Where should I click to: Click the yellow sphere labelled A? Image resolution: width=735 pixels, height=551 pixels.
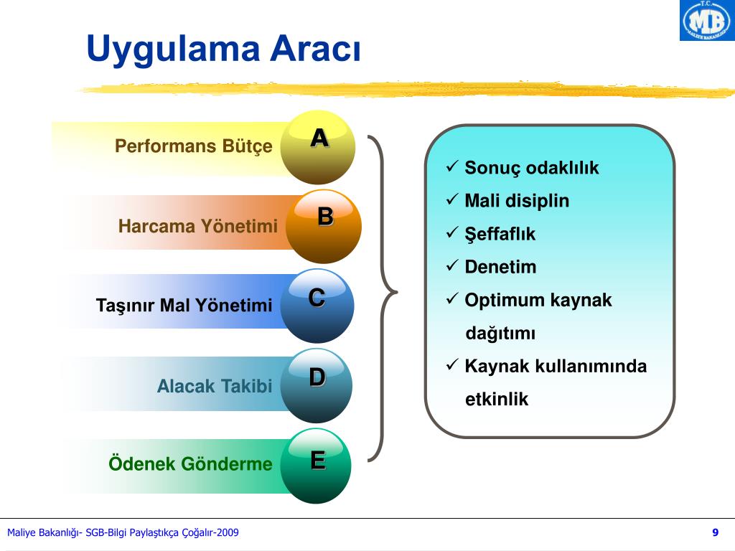[x=318, y=147]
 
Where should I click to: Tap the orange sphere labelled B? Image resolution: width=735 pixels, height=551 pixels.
[x=324, y=226]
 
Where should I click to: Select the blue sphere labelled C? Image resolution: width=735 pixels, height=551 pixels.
[x=317, y=305]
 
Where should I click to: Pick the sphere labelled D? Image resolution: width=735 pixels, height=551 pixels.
[x=317, y=385]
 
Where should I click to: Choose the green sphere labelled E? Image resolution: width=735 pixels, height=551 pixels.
[x=317, y=465]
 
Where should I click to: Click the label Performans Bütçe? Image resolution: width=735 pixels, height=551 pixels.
[x=194, y=146]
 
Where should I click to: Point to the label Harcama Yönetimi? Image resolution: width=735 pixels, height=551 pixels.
[x=198, y=227]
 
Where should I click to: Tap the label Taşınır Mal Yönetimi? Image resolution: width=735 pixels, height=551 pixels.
[x=184, y=306]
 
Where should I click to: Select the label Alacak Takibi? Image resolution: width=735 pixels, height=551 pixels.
[x=215, y=386]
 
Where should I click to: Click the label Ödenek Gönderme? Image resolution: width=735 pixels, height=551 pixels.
[x=191, y=463]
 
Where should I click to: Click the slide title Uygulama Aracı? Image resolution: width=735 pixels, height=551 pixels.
[x=223, y=50]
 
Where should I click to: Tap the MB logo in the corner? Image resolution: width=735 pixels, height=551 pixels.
[x=706, y=21]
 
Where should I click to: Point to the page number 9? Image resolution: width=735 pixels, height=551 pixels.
[x=715, y=532]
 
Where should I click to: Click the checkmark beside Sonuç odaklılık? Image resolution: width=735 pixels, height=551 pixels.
[x=452, y=167]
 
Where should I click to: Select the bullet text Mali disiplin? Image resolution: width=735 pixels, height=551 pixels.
[x=517, y=201]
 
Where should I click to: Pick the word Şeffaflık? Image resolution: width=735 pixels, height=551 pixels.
[x=500, y=234]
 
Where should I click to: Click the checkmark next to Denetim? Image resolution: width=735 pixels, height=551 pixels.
[x=452, y=266]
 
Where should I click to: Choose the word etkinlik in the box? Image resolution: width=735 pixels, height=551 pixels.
[x=497, y=400]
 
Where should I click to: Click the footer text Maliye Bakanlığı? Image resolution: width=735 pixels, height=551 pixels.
[x=43, y=532]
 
